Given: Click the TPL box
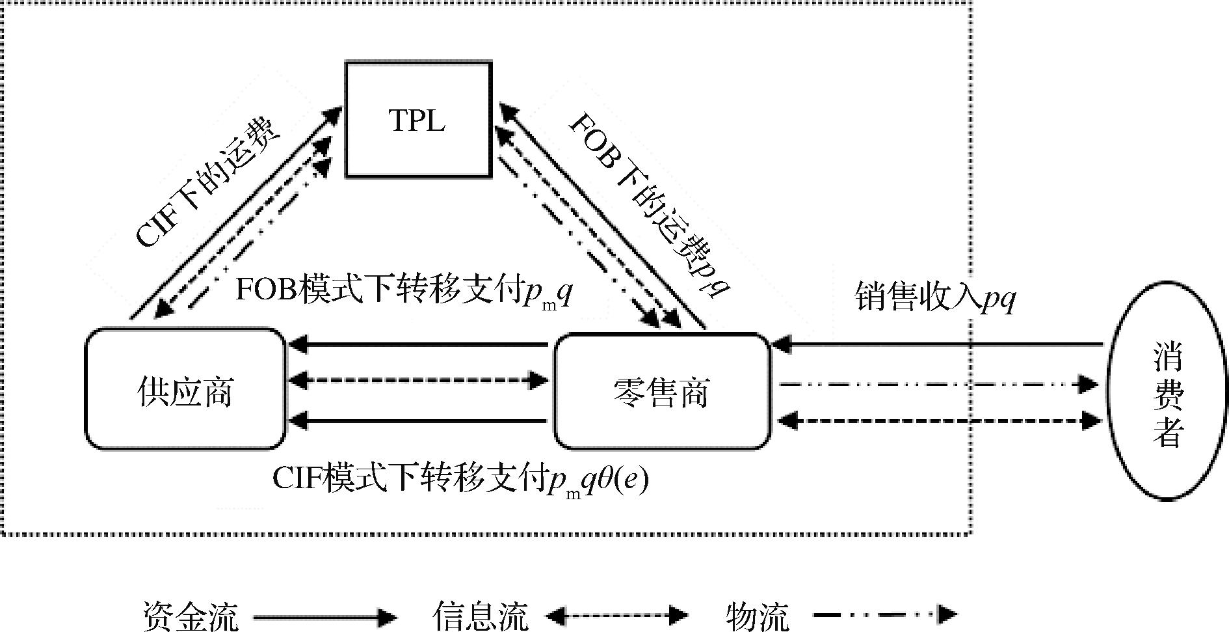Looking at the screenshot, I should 417,120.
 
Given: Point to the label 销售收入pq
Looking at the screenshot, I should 934,298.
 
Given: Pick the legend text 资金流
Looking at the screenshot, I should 191,616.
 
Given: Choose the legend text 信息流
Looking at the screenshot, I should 481,616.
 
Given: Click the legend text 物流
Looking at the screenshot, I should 757,616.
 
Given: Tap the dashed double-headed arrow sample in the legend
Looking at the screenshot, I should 616,614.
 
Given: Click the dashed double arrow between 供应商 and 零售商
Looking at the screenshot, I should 418,379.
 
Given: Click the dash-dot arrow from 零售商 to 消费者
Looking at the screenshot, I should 936,384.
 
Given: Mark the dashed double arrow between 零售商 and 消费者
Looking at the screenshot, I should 936,421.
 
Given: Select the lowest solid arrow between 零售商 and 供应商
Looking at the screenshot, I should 418,420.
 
